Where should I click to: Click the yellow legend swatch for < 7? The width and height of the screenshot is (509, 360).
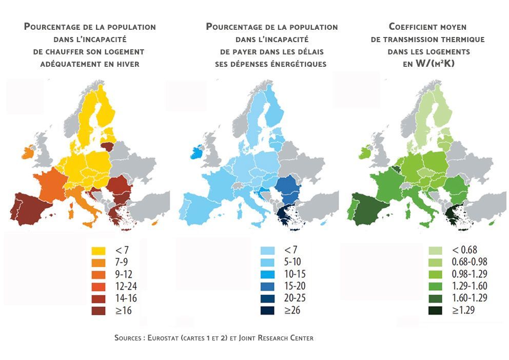coord(99,251)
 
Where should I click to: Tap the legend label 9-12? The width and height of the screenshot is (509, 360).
coord(124,274)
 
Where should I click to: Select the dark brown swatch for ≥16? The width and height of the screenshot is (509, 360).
coord(99,311)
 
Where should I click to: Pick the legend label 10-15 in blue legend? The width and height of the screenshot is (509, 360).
coord(295,274)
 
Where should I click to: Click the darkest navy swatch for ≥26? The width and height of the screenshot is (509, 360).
coord(267,310)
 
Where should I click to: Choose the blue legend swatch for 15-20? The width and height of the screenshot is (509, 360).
coord(267,286)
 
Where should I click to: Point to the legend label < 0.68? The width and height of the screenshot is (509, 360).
coord(464,250)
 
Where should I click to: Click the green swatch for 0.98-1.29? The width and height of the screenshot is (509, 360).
coord(435,274)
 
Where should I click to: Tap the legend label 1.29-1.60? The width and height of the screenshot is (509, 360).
coord(469,286)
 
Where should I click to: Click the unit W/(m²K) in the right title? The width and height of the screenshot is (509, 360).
coord(435,63)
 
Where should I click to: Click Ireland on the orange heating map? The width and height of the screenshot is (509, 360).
coord(27,152)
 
